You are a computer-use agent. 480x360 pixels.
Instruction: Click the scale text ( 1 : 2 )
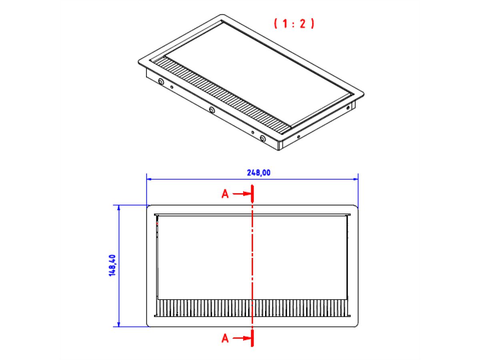[294, 24]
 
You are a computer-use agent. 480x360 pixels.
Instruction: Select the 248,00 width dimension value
[258, 173]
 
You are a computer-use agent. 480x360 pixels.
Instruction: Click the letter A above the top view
[225, 194]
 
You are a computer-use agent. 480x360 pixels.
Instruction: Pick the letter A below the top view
[225, 339]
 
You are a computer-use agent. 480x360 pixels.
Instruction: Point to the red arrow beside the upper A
[241, 194]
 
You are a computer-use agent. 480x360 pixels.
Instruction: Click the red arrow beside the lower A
[241, 339]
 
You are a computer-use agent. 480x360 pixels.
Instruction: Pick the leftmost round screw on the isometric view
[161, 82]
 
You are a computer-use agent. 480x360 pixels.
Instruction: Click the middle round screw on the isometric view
[212, 110]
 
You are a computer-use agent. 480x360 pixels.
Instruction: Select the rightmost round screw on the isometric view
[262, 138]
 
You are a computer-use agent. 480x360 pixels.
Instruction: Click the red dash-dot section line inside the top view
[252, 260]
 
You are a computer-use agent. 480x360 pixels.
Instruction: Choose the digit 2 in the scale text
[303, 24]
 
